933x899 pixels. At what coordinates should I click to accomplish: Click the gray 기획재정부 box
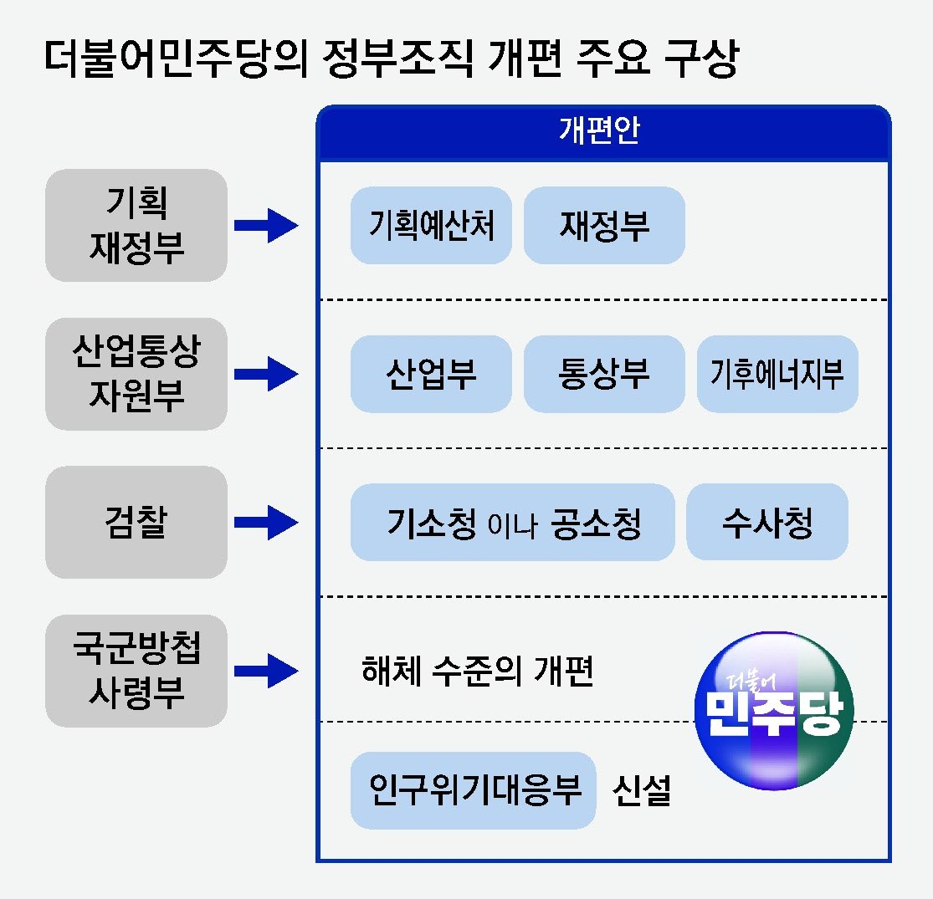[136, 225]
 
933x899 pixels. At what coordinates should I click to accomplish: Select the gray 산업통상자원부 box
[136, 374]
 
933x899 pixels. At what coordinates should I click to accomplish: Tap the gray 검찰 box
[136, 523]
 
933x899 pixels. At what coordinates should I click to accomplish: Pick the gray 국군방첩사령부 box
[136, 671]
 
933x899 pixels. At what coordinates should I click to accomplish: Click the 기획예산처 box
[431, 225]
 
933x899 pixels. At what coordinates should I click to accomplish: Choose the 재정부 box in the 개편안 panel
[604, 225]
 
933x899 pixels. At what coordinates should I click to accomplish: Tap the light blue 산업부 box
[431, 374]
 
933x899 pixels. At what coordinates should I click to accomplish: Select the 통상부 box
[604, 374]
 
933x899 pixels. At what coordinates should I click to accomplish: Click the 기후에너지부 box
[777, 374]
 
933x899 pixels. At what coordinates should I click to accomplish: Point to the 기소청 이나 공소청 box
[512, 523]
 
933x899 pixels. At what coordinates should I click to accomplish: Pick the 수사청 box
[767, 523]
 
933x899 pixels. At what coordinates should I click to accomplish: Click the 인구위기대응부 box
[473, 790]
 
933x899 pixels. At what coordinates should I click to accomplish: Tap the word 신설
[642, 790]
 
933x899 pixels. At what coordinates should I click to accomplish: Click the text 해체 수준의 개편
[477, 671]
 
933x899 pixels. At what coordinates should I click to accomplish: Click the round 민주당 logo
[775, 709]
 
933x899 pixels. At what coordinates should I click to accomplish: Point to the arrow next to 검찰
[266, 523]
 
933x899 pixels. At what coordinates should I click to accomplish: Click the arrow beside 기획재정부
[266, 225]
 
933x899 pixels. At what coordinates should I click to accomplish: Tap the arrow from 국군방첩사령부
[266, 671]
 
